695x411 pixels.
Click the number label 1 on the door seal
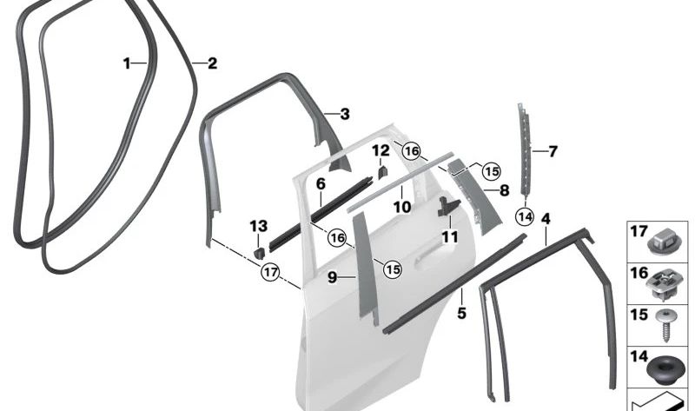tap(127, 63)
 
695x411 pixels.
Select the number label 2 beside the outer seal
tap(211, 63)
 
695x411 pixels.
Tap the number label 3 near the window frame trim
tap(345, 114)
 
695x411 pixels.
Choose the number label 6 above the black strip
tap(320, 184)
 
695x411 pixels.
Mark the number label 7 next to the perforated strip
tap(553, 151)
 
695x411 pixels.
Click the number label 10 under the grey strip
tap(401, 208)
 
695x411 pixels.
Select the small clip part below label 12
tap(383, 172)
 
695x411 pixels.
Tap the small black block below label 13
tap(258, 252)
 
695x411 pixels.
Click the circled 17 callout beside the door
tap(271, 272)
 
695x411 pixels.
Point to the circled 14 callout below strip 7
tap(524, 215)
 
